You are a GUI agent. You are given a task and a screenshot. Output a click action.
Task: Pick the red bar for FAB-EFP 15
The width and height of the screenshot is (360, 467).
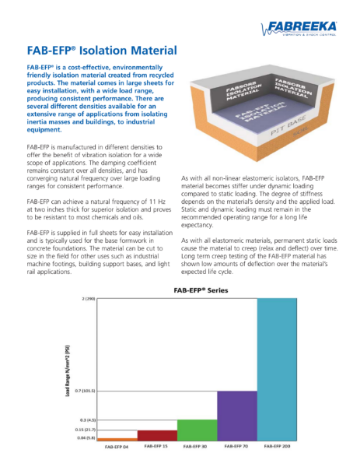coord(156,435)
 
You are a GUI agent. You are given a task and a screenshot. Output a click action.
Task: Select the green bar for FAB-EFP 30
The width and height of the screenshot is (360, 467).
coord(197,430)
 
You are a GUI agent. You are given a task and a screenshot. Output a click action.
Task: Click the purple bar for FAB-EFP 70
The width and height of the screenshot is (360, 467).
coord(236,416)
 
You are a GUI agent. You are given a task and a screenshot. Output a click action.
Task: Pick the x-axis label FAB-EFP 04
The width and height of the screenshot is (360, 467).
coord(116,448)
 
